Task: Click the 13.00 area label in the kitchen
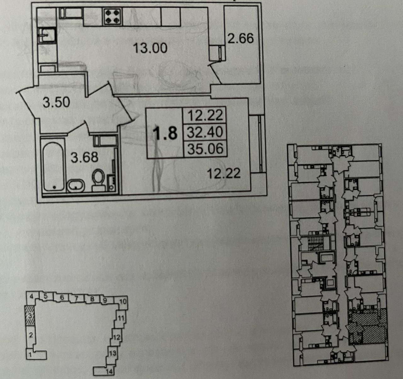click(150, 48)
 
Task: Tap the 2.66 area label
click(241, 38)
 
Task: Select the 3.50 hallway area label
click(56, 102)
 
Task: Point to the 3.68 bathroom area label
click(84, 157)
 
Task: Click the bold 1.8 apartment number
click(165, 133)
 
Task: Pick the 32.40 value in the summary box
click(205, 132)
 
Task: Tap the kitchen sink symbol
click(46, 35)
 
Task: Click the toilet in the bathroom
click(99, 179)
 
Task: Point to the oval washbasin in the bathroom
click(76, 186)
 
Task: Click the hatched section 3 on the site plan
click(30, 315)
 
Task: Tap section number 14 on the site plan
click(109, 371)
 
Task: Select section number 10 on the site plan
click(122, 302)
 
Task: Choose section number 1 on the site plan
click(30, 354)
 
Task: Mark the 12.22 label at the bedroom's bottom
click(224, 173)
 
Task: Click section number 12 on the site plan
click(116, 337)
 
